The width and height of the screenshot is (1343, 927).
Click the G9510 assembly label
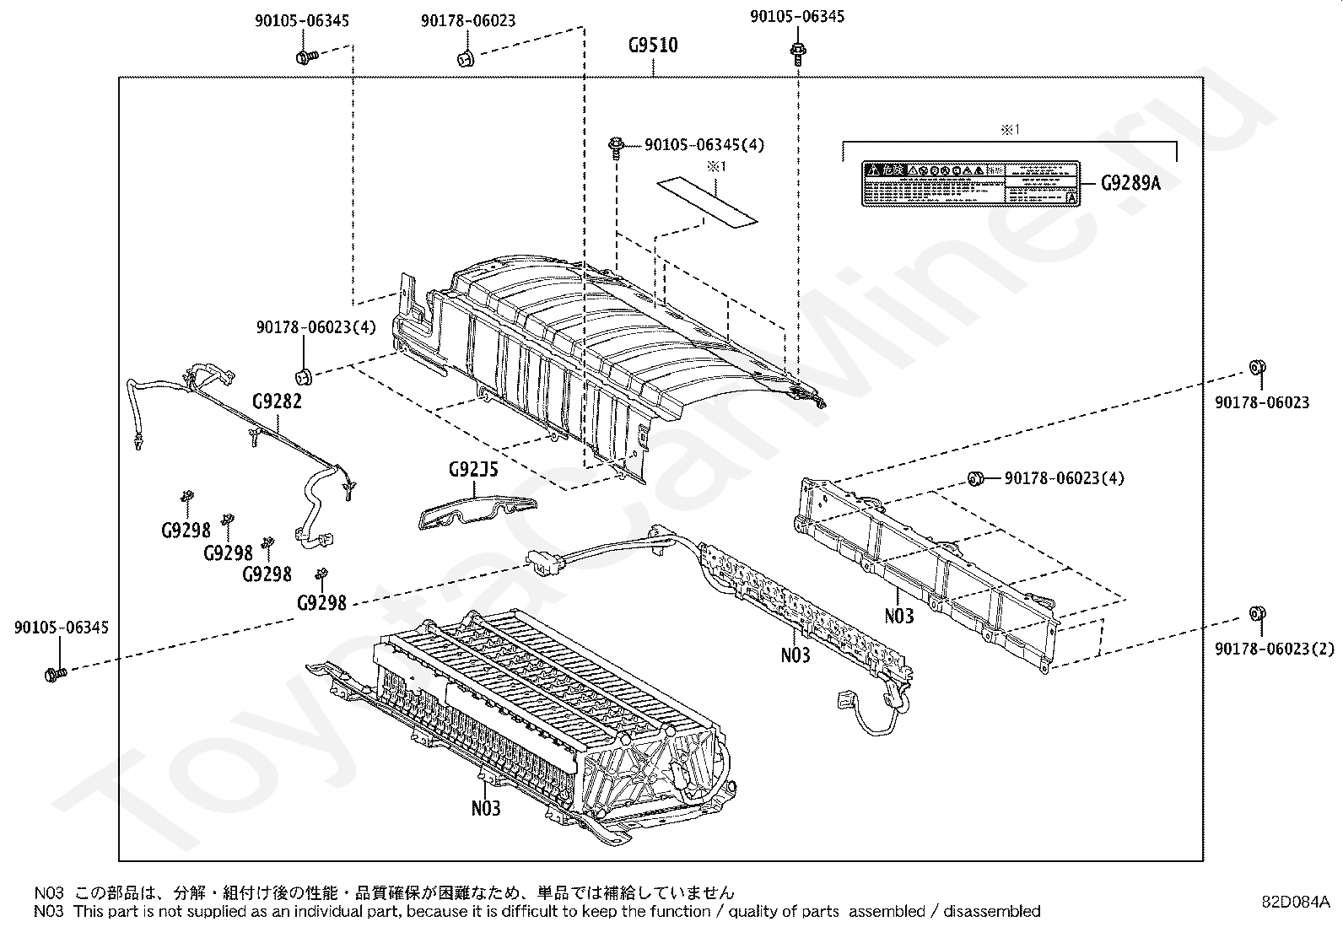(x=653, y=45)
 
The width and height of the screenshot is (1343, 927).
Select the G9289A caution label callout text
(x=1130, y=182)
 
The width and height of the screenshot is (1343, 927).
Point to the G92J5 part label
(x=473, y=469)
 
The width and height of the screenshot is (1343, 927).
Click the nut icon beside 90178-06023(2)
(x=1255, y=613)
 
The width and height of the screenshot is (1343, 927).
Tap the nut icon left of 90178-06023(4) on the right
(x=975, y=478)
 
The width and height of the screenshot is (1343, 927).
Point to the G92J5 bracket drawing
(x=477, y=510)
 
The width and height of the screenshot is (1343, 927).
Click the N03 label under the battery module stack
(x=486, y=808)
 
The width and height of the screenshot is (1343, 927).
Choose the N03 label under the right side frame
(x=899, y=616)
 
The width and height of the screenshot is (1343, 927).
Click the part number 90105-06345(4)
(x=704, y=145)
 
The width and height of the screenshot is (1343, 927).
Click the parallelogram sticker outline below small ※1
(x=707, y=202)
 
